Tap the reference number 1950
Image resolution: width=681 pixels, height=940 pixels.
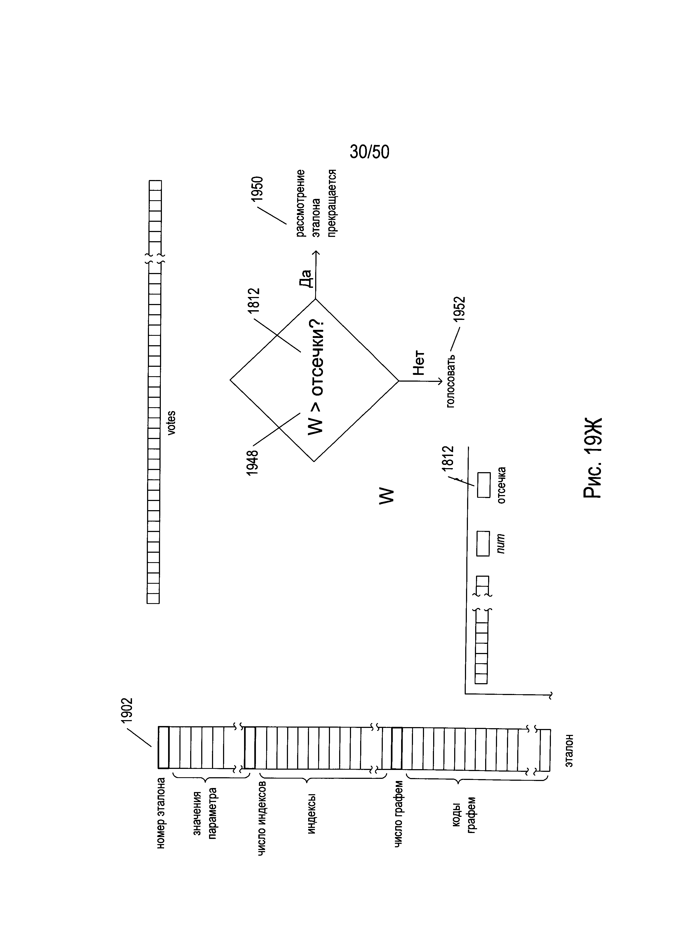[258, 189]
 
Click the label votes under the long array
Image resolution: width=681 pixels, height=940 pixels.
[171, 423]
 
